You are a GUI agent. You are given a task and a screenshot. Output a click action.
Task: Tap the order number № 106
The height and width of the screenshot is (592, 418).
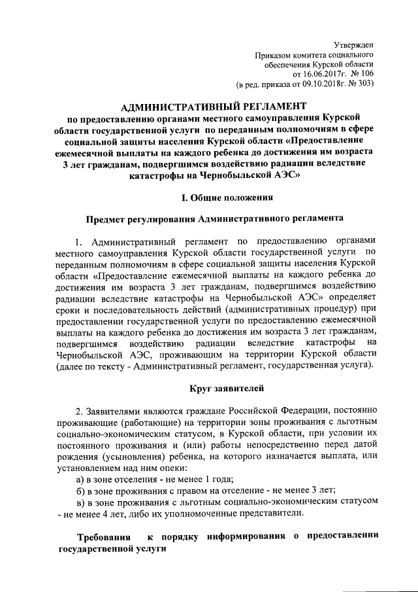pyautogui.click(x=359, y=75)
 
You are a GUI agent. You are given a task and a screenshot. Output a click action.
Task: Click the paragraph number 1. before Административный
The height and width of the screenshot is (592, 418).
pyautogui.click(x=80, y=243)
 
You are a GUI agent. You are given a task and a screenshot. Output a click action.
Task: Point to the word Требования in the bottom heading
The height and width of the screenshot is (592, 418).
pyautogui.click(x=103, y=537)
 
